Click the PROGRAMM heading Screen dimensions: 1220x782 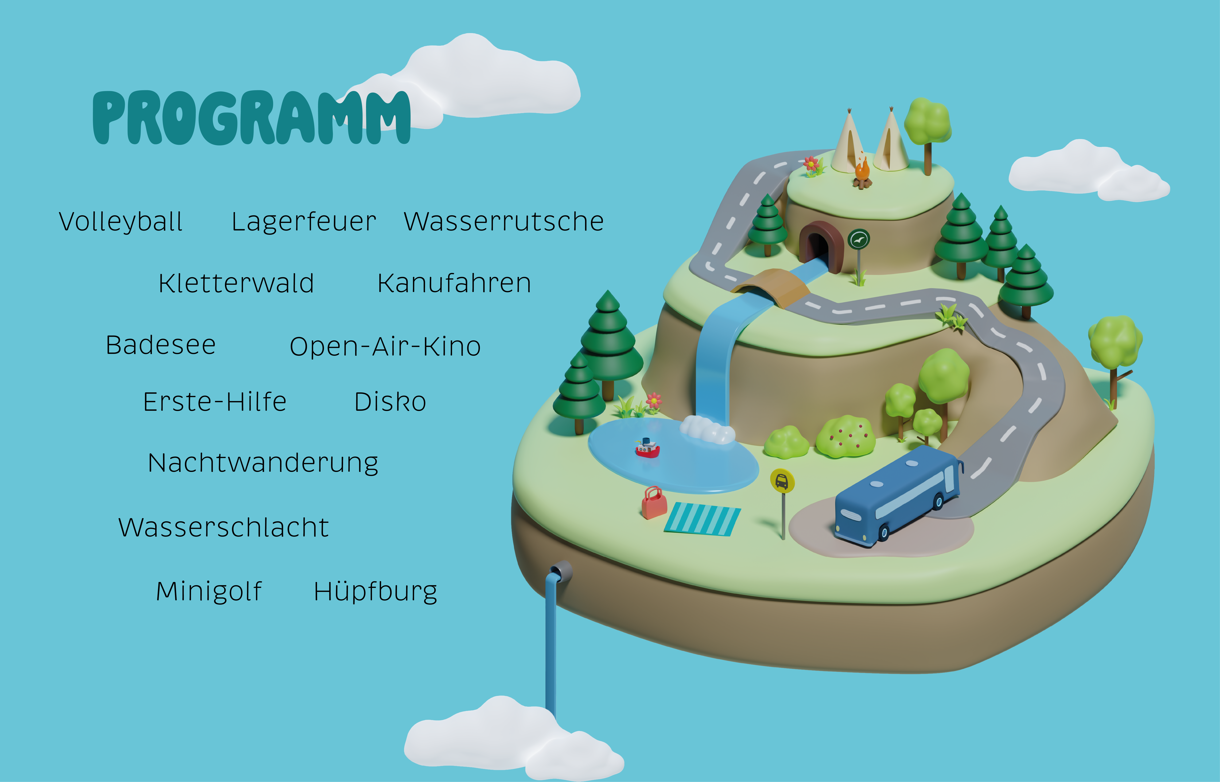(x=251, y=118)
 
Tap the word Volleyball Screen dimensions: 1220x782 (x=121, y=222)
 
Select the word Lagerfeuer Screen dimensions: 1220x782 (x=304, y=222)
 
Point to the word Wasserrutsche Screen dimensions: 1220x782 (x=504, y=222)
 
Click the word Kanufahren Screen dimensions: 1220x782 (x=454, y=283)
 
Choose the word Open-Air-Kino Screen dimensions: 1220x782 (x=385, y=347)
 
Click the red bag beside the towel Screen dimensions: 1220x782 (x=654, y=503)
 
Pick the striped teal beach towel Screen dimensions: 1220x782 (x=702, y=518)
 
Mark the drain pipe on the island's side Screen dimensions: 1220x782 (x=560, y=571)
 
